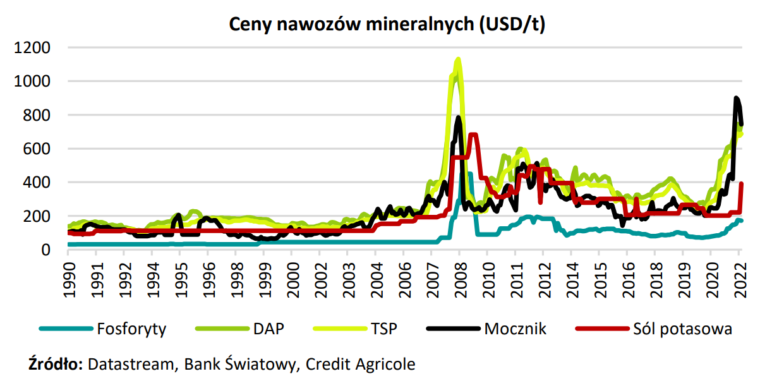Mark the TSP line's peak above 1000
[458, 60]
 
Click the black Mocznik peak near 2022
[736, 99]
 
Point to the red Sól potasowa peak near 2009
[473, 135]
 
